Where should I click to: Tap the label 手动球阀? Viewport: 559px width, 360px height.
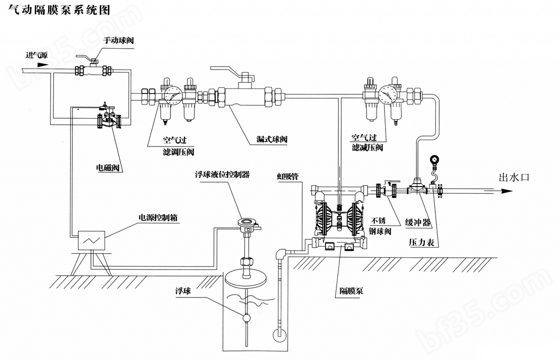(x=118, y=40)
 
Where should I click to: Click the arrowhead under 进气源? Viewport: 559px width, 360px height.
(x=42, y=65)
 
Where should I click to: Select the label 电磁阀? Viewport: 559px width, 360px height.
(x=108, y=167)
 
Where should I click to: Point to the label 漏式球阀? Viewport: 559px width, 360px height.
(x=272, y=139)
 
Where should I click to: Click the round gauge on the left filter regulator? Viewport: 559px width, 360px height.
(x=173, y=95)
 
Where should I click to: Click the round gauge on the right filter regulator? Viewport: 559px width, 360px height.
(x=388, y=93)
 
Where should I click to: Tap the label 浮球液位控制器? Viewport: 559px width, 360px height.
(x=222, y=175)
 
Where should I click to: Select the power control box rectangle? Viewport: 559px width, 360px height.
(x=91, y=240)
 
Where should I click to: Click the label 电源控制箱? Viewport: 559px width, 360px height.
(x=158, y=217)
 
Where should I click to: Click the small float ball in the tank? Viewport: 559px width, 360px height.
(x=246, y=318)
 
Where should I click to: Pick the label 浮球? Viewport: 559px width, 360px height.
(x=183, y=291)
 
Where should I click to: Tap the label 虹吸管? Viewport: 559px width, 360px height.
(x=288, y=176)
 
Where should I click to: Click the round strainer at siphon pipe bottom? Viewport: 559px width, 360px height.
(x=279, y=334)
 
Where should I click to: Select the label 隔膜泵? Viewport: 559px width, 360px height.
(x=351, y=291)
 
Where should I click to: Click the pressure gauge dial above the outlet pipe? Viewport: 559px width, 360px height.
(x=435, y=159)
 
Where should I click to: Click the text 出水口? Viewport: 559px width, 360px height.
(x=514, y=177)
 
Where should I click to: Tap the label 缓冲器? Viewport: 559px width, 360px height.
(x=417, y=222)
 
